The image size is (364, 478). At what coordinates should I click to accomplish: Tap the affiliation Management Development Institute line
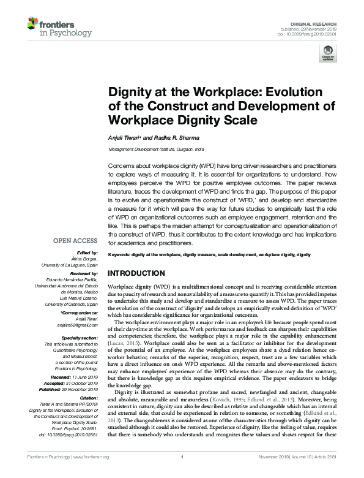click(x=156, y=150)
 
